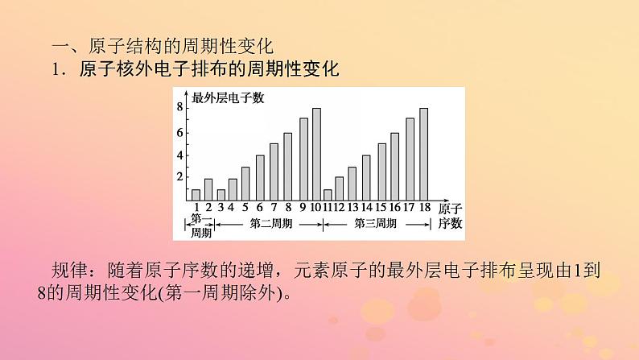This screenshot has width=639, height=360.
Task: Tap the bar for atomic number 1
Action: point(196,194)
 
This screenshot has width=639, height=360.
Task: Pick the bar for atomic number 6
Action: point(260,177)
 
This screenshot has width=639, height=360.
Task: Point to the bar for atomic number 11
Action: point(328,194)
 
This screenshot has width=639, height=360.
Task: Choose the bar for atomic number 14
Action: point(366,177)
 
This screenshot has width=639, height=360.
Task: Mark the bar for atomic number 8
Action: point(287,166)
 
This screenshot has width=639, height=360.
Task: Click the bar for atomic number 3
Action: point(221,194)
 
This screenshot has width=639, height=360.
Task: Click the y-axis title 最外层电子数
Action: point(228,98)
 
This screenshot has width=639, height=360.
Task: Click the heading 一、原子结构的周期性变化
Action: point(130,47)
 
